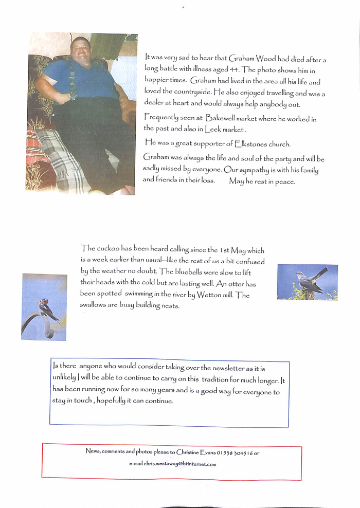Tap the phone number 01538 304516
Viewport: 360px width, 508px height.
(x=235, y=452)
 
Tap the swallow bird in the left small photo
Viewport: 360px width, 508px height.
(x=46, y=307)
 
